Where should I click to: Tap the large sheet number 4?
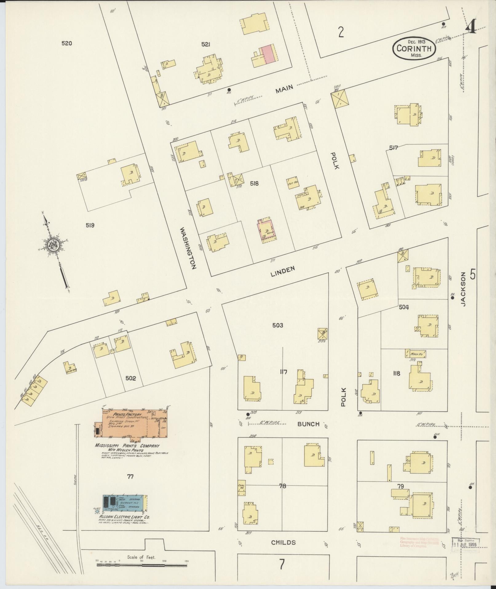(471, 27)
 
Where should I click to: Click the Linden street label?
(283, 271)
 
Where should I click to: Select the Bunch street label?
(308, 424)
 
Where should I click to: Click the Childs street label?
(284, 543)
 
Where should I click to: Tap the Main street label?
(284, 89)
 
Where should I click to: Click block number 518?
(254, 184)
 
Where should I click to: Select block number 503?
(278, 325)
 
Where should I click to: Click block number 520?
(66, 43)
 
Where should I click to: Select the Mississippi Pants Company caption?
(127, 446)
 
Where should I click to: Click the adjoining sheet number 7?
(282, 564)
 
